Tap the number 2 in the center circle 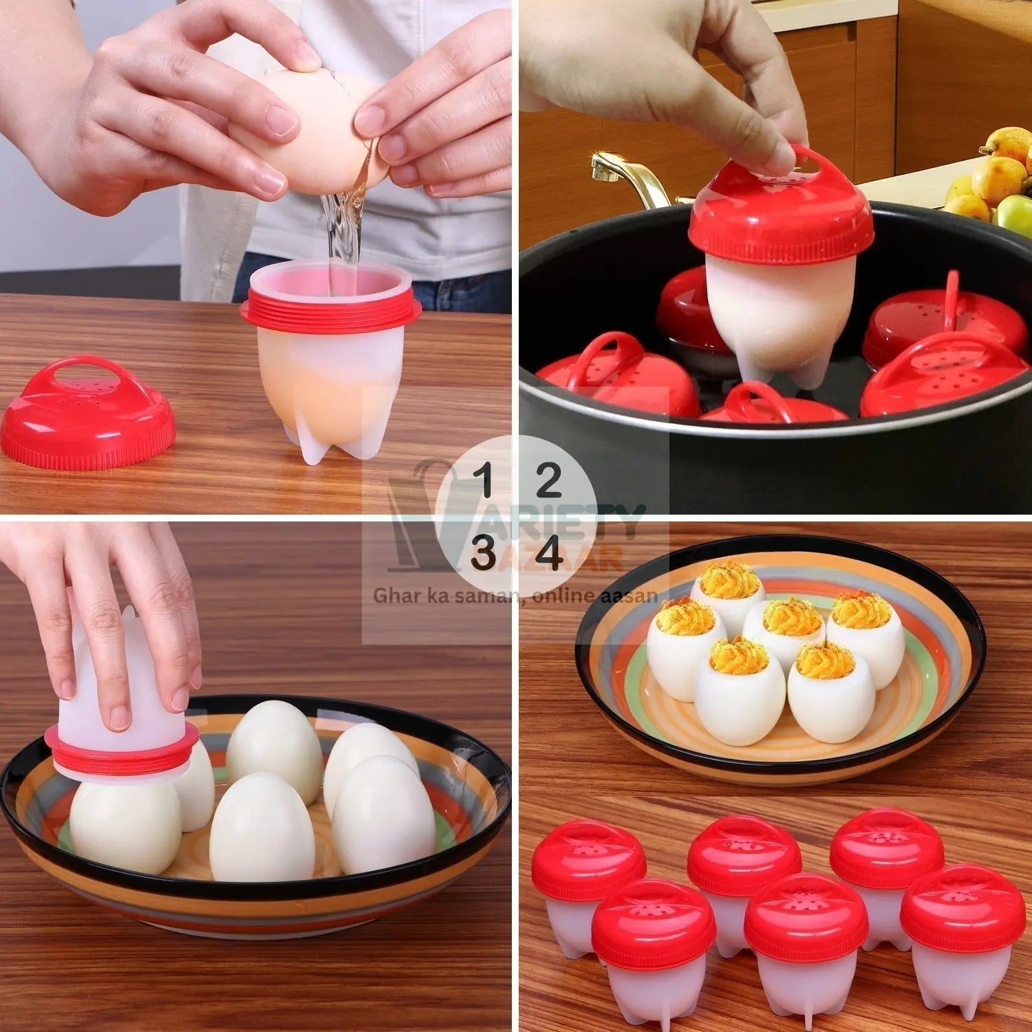pyautogui.click(x=548, y=480)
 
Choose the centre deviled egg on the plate pyautogui.click(x=783, y=626)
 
